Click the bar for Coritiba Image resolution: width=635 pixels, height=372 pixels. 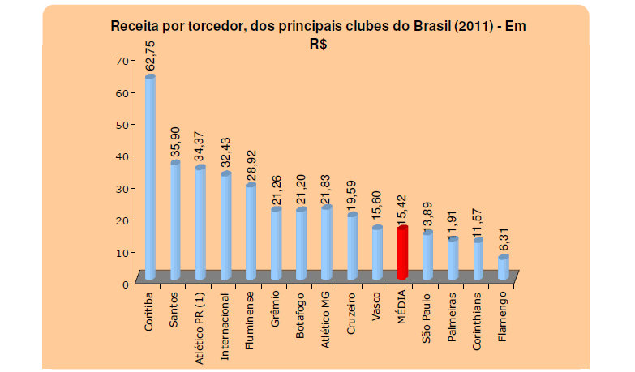click(150, 178)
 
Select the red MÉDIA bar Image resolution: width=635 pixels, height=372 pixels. click(401, 254)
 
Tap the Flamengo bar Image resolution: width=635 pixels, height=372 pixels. click(503, 267)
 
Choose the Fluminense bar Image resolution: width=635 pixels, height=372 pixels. click(251, 232)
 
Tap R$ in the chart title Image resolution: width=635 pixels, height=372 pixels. click(317, 45)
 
